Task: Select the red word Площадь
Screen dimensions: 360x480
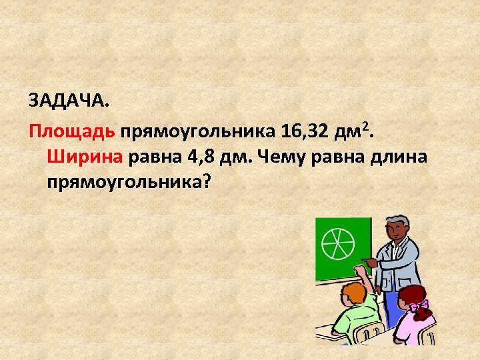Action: coord(72,131)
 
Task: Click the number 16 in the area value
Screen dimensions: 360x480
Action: coord(291,130)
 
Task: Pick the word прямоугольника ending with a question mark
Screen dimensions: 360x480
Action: coord(124,183)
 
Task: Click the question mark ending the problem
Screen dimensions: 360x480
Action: coord(204,181)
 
